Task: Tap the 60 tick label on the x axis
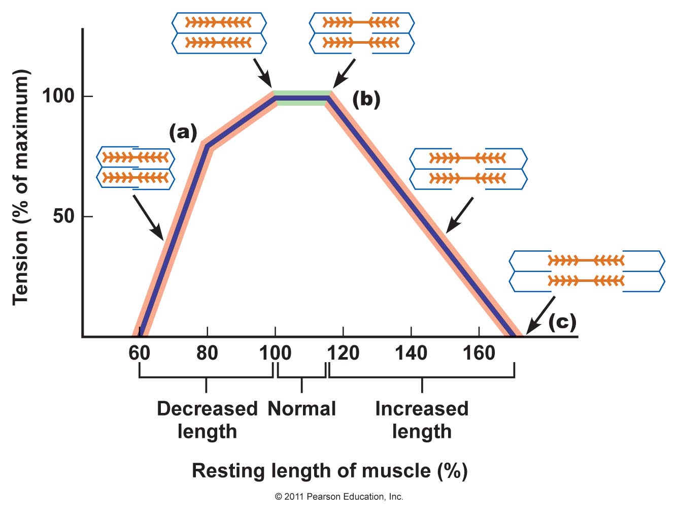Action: coord(140,353)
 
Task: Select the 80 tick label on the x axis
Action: coord(207,353)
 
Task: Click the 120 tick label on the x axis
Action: coord(344,353)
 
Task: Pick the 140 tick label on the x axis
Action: coord(411,353)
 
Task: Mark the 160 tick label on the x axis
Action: coord(479,353)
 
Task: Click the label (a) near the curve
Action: coord(182,133)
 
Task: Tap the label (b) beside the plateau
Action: coord(366,100)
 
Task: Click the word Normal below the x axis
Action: coord(302,409)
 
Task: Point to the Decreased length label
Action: coord(207,420)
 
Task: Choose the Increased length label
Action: coord(422,420)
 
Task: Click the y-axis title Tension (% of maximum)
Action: coord(21,187)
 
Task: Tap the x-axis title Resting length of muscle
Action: coord(329,471)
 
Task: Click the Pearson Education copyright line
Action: coord(338,497)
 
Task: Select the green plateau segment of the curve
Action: coord(302,98)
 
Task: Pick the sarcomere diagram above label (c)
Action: coord(587,271)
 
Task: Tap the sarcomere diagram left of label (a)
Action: coord(135,168)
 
